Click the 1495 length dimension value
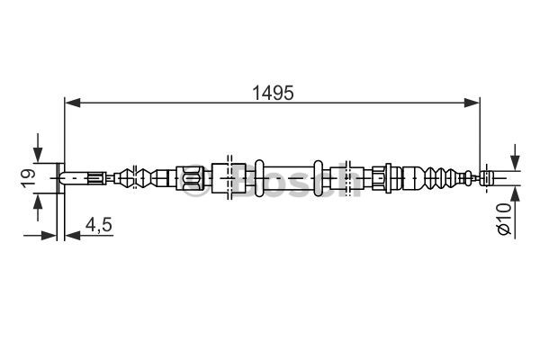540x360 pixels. pos(273,93)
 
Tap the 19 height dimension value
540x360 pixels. pos(29,178)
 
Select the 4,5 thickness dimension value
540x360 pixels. pos(99,225)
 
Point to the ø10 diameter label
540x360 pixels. pos(504,219)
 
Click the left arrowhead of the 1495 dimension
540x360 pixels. pos(72,103)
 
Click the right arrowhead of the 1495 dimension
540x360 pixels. pos(472,103)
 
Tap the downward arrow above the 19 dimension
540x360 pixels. pos(38,148)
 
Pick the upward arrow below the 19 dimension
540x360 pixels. pos(38,207)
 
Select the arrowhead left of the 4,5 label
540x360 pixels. pos(72,236)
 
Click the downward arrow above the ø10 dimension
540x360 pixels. pos(515,157)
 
